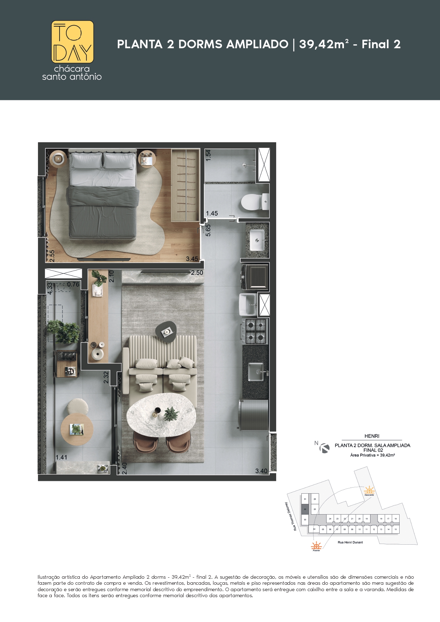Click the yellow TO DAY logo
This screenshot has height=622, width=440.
[73, 41]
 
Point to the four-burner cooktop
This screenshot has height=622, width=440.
[255, 331]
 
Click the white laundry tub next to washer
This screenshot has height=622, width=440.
[248, 304]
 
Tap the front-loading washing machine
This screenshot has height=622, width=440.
[255, 277]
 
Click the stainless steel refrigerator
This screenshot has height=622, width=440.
[254, 415]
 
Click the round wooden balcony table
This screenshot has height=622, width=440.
[77, 429]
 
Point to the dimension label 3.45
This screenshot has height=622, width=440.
[192, 259]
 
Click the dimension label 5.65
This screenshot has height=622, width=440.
[208, 230]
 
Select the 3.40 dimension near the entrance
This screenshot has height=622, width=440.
[261, 471]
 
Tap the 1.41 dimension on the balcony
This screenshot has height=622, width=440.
[61, 457]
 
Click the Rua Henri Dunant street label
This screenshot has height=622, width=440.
[350, 542]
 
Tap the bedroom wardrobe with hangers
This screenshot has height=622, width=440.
[185, 185]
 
